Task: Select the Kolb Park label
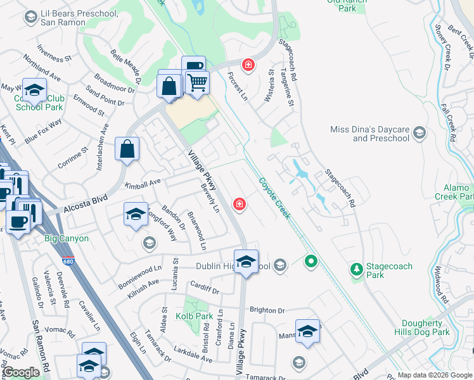tap(195, 315)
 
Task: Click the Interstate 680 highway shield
tap(68, 260)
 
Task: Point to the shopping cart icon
tap(197, 82)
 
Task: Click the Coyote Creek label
tap(274, 198)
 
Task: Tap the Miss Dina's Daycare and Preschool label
tap(370, 134)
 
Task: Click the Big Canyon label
tap(67, 239)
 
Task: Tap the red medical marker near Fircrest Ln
tap(248, 65)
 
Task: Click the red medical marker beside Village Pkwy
tap(240, 203)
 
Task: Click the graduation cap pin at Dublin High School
tap(246, 260)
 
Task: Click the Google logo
tap(22, 372)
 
